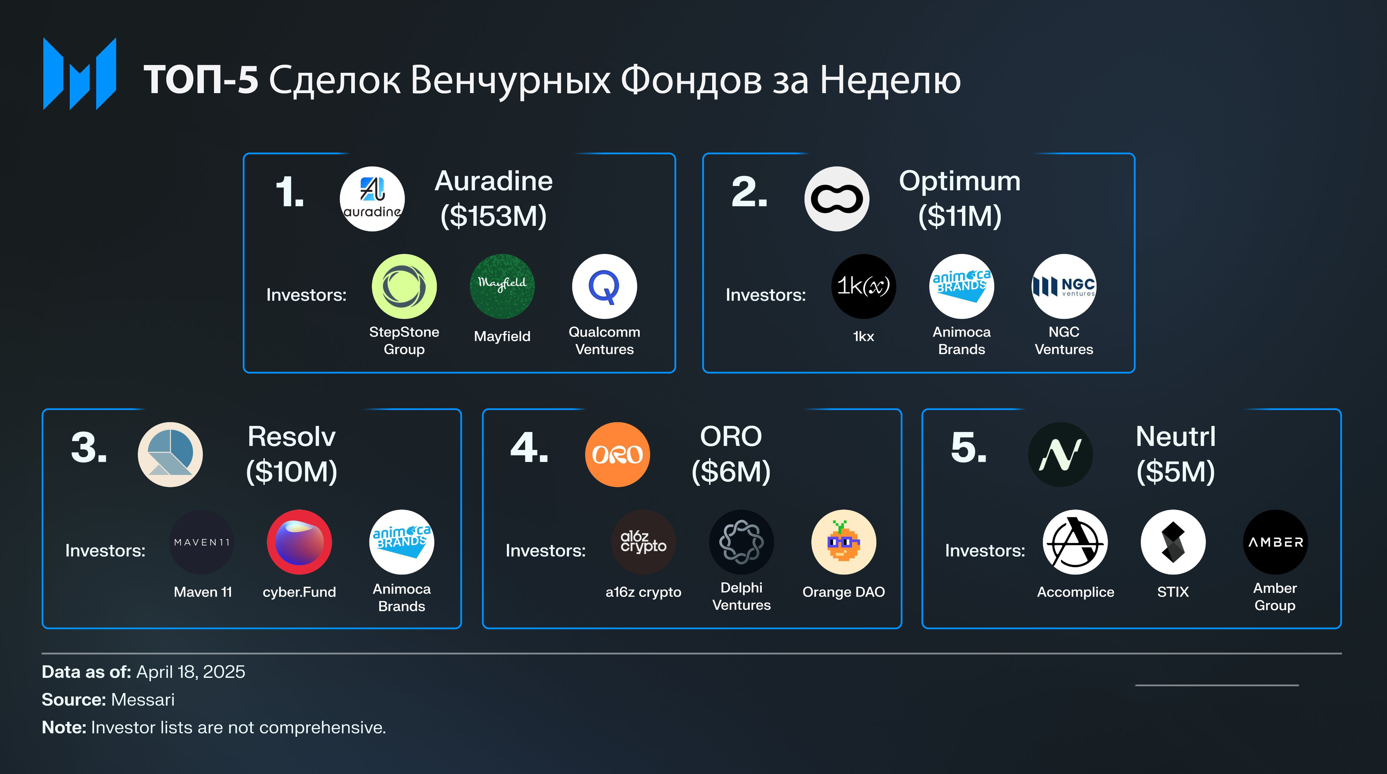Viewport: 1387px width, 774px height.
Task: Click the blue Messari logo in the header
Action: coord(79,74)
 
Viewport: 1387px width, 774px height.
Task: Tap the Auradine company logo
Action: coord(372,199)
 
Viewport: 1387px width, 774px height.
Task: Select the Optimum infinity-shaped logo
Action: coord(837,199)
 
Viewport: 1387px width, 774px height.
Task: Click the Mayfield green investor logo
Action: coord(502,286)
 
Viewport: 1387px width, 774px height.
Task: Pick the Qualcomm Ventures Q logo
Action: coord(604,286)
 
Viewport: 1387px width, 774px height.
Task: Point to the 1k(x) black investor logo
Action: coord(863,286)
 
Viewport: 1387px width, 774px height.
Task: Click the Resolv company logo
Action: coord(170,454)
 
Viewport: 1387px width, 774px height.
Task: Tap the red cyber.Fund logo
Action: coord(299,542)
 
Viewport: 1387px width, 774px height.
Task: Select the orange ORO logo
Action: coord(618,454)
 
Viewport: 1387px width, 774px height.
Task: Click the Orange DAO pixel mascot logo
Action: coord(844,542)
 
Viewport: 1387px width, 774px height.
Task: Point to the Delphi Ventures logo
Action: coord(742,542)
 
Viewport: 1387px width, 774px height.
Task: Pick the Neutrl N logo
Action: coord(1060,454)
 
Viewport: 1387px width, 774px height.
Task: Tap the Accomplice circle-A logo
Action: coord(1075,542)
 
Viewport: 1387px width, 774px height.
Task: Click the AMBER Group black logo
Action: coord(1275,542)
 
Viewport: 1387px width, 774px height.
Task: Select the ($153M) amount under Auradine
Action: coord(493,216)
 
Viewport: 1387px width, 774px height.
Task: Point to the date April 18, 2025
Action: coord(191,672)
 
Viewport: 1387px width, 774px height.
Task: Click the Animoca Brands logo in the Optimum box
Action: coord(962,286)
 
